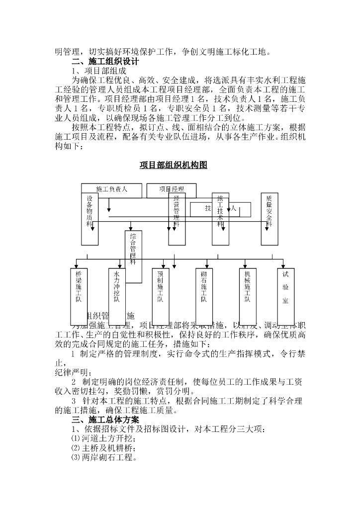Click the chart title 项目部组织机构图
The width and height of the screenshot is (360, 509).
tap(173, 165)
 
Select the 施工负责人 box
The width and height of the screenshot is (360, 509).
tap(111, 189)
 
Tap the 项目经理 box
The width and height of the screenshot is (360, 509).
tap(171, 189)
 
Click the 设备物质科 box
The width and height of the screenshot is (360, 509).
tap(90, 219)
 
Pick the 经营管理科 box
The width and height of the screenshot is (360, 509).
tap(177, 219)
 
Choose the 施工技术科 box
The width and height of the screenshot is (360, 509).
tap(220, 219)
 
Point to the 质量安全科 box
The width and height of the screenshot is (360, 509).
tap(269, 219)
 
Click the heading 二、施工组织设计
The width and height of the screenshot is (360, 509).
tap(105, 62)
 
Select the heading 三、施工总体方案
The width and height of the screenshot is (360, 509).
tap(105, 420)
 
